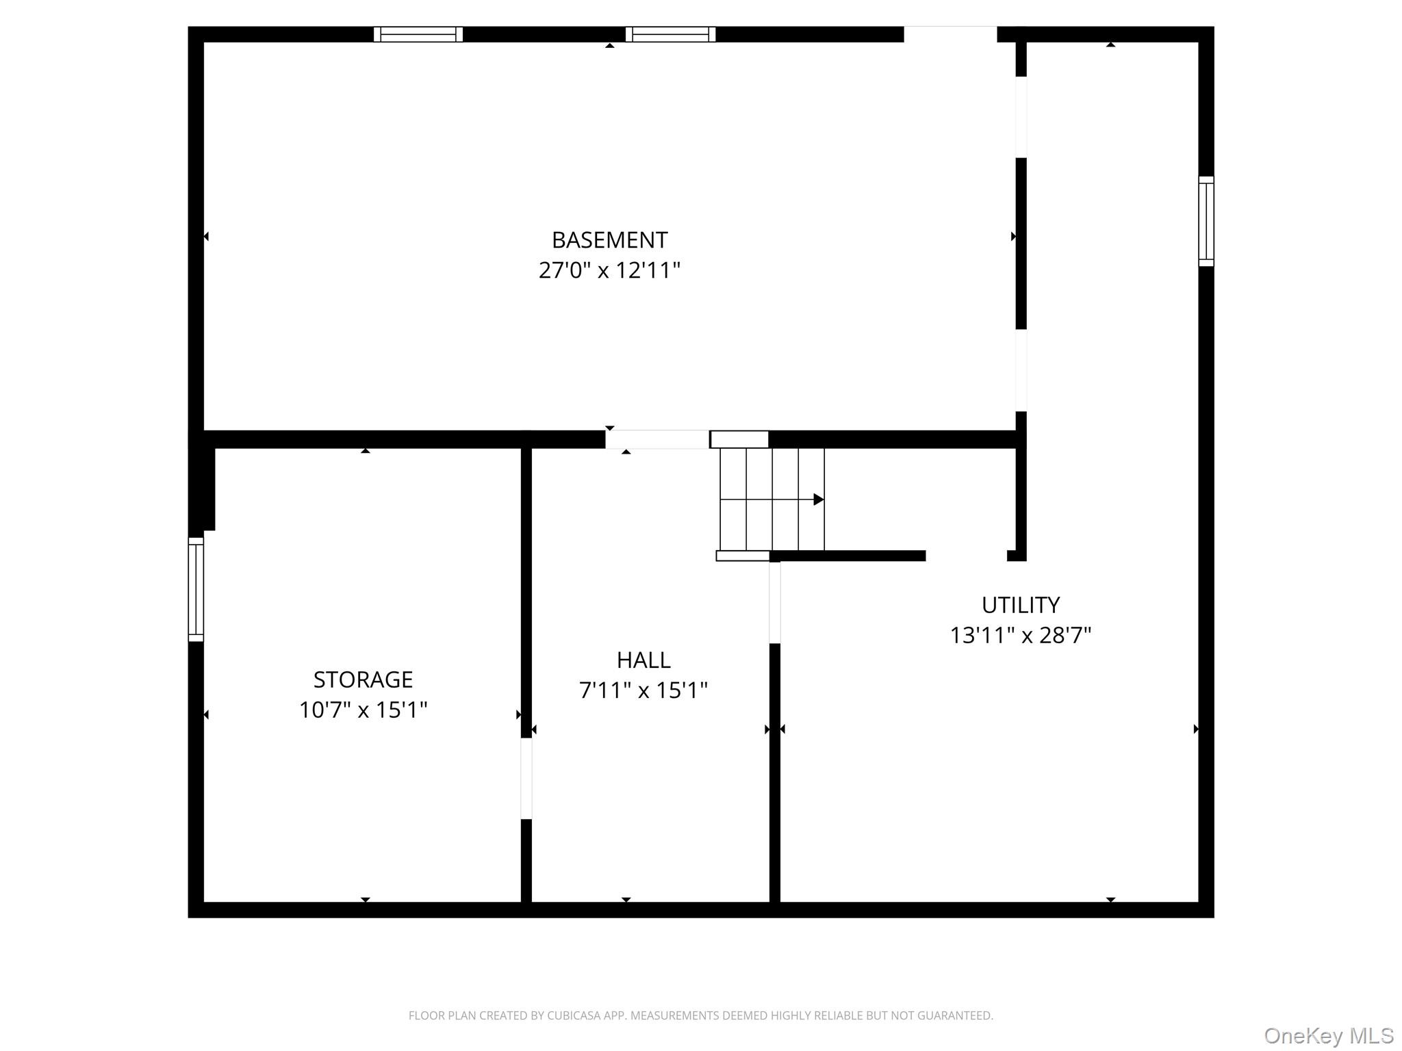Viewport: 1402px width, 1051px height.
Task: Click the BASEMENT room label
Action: click(609, 240)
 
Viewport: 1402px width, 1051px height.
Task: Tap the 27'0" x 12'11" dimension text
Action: click(609, 270)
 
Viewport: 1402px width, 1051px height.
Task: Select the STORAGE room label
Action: click(363, 679)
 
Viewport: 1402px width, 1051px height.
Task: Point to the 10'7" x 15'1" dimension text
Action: click(363, 710)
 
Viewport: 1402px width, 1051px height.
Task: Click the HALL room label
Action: click(643, 660)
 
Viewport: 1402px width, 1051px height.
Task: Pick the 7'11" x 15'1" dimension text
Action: click(643, 690)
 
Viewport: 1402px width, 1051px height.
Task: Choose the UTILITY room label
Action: click(1020, 605)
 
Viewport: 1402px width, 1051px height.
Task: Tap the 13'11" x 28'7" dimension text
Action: click(1020, 635)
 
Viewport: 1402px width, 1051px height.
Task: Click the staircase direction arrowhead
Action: click(818, 499)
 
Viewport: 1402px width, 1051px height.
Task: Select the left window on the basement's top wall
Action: click(418, 34)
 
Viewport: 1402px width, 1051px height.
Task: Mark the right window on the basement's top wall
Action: click(670, 34)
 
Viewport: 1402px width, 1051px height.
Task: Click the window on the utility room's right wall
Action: click(1206, 221)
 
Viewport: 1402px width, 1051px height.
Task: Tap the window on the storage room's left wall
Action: click(196, 589)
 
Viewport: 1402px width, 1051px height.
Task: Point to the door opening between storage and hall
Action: click(526, 778)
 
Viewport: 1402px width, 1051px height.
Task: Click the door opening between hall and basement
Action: click(657, 439)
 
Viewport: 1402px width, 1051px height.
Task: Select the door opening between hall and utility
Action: click(775, 602)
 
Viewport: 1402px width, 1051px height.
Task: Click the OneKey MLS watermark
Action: click(1329, 1035)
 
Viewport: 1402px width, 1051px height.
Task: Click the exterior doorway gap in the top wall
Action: click(950, 34)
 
